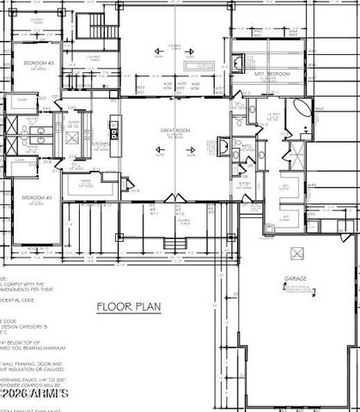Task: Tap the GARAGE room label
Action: (296, 280)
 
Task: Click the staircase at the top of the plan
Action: (101, 26)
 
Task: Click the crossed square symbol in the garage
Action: (296, 252)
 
